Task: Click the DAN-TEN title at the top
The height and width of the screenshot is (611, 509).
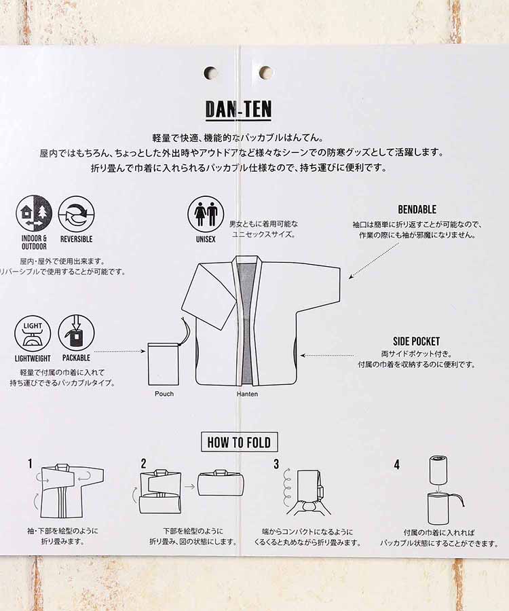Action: (x=238, y=109)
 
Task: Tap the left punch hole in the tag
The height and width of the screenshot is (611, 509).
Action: (x=211, y=73)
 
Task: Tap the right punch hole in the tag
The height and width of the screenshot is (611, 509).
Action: (x=265, y=73)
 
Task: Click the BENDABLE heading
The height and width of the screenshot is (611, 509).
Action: (x=417, y=210)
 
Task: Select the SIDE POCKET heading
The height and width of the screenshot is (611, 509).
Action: (x=416, y=341)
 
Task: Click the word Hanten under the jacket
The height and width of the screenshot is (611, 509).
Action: (x=247, y=394)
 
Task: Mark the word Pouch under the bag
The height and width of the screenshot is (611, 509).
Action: (x=164, y=394)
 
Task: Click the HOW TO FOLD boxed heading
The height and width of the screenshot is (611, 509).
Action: (x=239, y=443)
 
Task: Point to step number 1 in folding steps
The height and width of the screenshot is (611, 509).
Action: (x=30, y=464)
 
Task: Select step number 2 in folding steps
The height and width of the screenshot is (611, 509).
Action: (x=143, y=464)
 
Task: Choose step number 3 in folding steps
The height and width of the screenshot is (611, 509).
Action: (x=276, y=464)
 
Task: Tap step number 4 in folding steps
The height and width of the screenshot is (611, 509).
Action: (x=396, y=464)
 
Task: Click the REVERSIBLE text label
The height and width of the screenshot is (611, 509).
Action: (x=76, y=239)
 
